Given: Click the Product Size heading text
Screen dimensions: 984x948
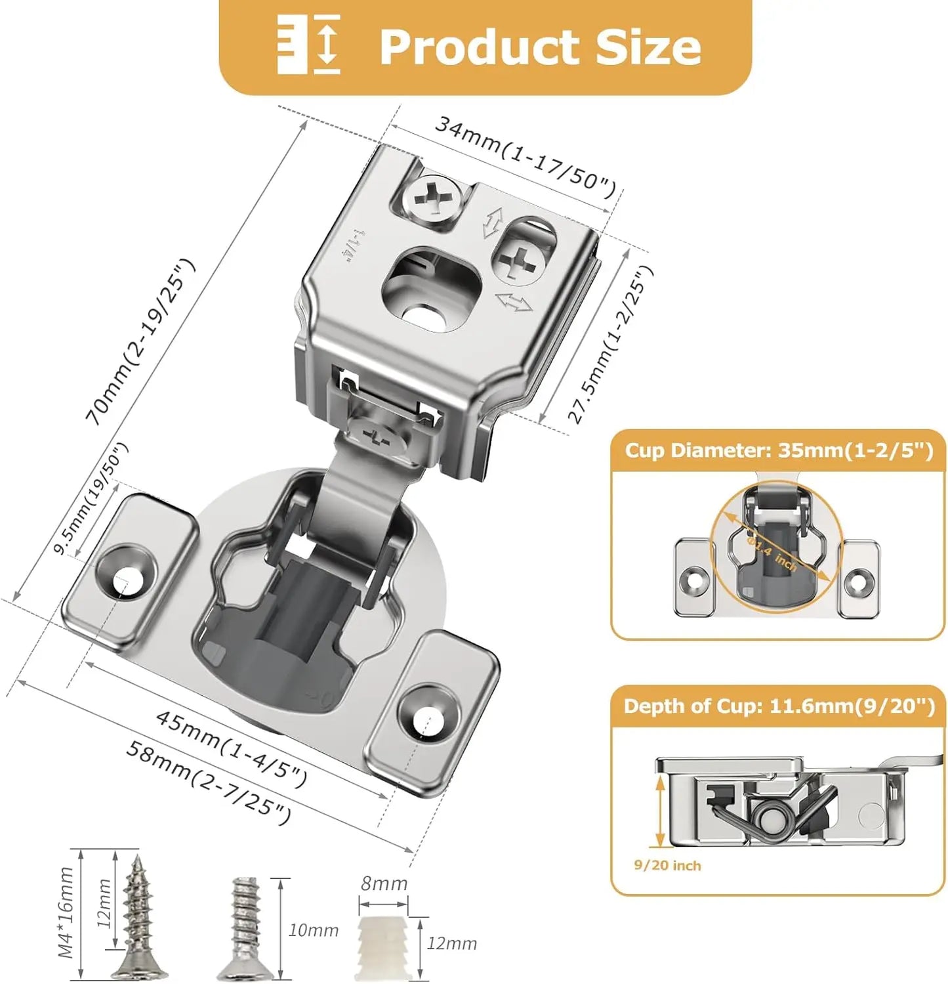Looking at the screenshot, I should click(540, 47).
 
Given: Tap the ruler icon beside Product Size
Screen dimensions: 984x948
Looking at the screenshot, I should click(308, 45).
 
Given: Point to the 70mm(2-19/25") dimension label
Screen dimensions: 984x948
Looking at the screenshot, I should click(140, 341).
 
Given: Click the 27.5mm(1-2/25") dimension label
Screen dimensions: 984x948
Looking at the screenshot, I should click(610, 344).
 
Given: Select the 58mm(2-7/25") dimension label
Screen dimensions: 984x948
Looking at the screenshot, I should click(208, 782).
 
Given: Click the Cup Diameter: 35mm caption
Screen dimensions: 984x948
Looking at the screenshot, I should click(778, 451).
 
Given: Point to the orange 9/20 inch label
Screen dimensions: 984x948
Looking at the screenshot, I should click(667, 866).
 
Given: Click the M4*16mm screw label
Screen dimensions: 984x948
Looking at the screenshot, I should click(66, 912).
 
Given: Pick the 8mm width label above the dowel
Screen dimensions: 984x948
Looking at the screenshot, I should click(384, 884).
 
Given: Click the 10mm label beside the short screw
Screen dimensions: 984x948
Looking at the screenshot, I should click(313, 930).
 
